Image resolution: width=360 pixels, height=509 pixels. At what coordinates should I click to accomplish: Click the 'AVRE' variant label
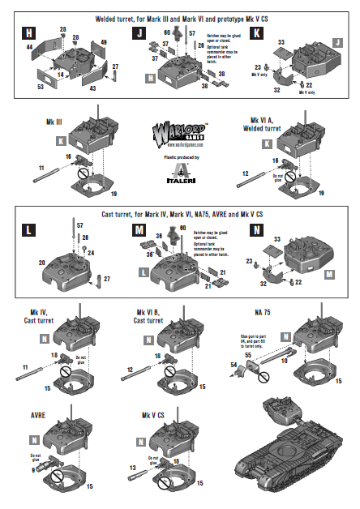pyautogui.click(x=37, y=415)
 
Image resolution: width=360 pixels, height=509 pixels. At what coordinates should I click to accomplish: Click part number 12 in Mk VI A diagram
pyautogui.click(x=246, y=173)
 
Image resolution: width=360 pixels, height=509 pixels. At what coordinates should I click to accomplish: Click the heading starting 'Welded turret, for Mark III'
pyautogui.click(x=179, y=16)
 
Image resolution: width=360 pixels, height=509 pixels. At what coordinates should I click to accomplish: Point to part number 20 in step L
pyautogui.click(x=41, y=263)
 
